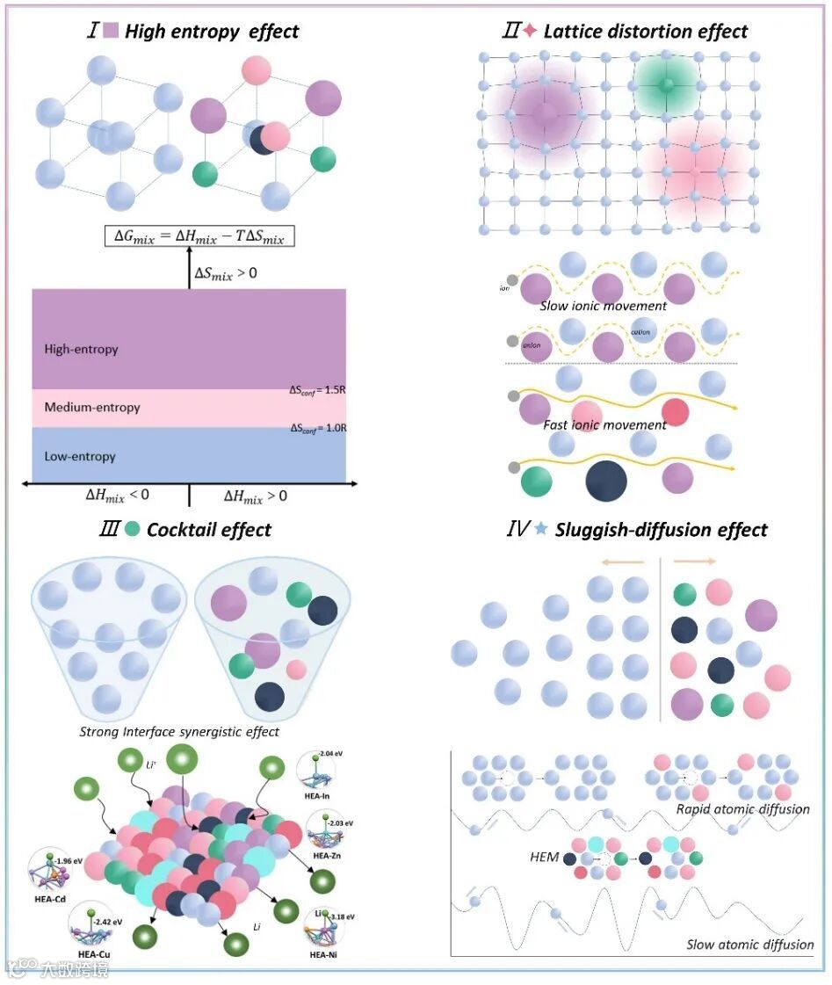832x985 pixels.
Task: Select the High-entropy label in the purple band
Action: [81, 350]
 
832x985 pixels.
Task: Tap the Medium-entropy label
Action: [92, 408]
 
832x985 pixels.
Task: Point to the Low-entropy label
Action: [80, 457]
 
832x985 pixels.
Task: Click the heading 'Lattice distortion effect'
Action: [646, 32]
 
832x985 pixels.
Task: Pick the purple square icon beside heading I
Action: [111, 32]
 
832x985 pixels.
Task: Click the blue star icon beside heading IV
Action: [541, 530]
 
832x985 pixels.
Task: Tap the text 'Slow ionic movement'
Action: [604, 306]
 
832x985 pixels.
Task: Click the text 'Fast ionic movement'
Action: [605, 425]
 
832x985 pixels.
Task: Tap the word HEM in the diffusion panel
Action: [545, 857]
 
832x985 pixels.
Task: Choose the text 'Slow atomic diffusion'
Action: [749, 945]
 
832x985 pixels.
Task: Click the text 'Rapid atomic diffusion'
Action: [743, 808]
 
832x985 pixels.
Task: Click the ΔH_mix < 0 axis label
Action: [117, 496]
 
